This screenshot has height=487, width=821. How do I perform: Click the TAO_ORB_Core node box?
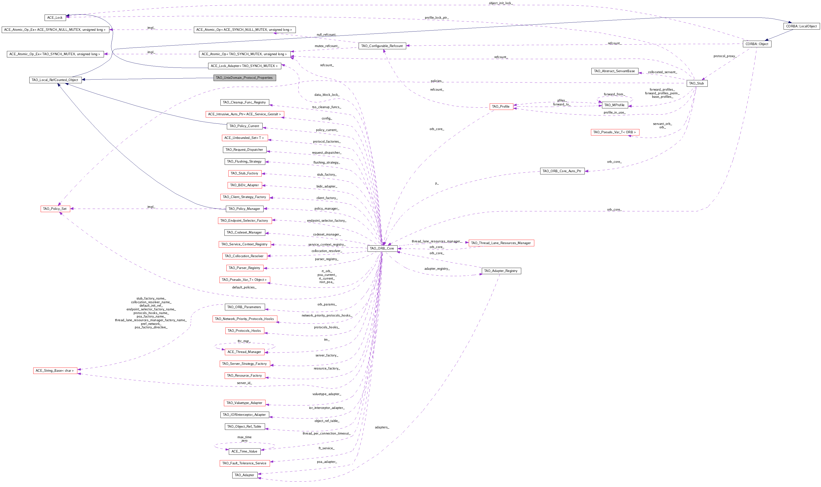(x=382, y=248)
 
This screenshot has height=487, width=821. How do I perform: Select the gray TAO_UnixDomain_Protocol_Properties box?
(x=244, y=78)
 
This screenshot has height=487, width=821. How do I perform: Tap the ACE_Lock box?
(x=55, y=18)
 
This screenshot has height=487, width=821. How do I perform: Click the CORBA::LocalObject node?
(x=801, y=26)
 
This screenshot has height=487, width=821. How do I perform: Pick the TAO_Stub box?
(x=697, y=83)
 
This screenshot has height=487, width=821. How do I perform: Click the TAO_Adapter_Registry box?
(x=501, y=271)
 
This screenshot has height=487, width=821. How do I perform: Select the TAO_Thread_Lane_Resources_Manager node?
(x=501, y=243)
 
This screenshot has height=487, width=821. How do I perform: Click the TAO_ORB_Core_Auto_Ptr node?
(x=562, y=171)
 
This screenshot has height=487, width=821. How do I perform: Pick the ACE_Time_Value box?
(x=244, y=451)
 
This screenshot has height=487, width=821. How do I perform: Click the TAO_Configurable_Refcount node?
(x=382, y=46)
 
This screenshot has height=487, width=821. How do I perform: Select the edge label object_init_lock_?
(x=501, y=3)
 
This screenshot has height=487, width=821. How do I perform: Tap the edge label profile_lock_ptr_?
(x=436, y=18)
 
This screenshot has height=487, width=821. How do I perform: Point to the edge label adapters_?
(x=382, y=427)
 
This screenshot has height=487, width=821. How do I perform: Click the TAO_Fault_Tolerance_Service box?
(x=244, y=463)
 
